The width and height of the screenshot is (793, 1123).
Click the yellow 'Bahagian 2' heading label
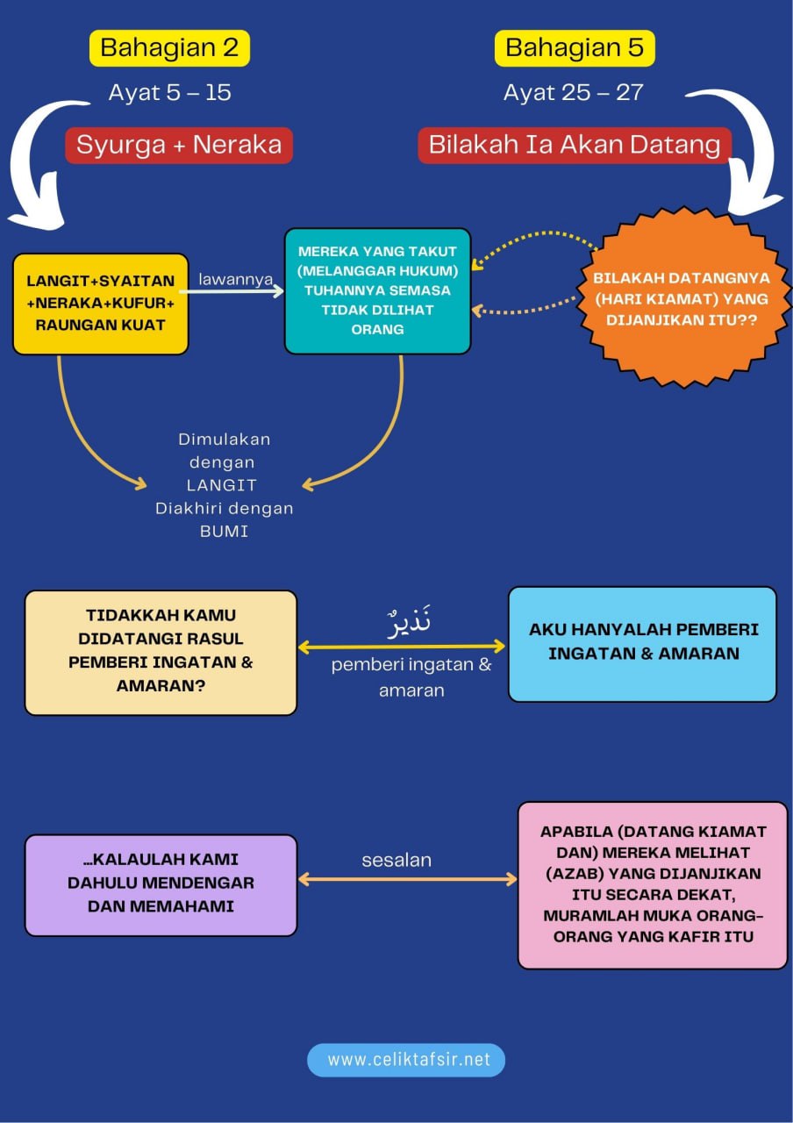coord(169,47)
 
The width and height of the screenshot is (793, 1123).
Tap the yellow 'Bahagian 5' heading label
coord(575,47)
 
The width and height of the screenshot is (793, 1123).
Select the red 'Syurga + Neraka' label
coord(179,145)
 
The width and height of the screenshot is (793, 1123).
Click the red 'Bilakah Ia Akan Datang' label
coord(575,145)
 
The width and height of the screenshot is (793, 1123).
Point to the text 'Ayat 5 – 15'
coord(169,93)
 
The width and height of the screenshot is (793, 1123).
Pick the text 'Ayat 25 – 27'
coord(574,93)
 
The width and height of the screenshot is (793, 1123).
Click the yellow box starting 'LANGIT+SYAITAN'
coord(101,304)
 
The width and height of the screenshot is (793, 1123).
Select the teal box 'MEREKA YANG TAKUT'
coord(378,290)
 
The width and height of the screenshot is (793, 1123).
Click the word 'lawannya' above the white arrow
coord(235,279)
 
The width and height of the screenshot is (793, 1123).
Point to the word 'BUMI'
coord(224,531)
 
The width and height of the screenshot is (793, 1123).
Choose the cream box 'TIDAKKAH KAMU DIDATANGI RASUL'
coord(161,651)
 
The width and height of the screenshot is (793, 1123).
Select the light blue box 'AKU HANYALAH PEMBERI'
coord(643,642)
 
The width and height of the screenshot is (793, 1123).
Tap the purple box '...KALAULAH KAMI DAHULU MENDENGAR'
coord(161,883)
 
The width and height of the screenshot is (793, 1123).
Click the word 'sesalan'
coord(396,861)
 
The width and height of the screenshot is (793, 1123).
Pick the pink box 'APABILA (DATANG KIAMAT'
coord(653,883)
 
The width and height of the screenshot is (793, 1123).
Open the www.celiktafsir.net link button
coord(406,1060)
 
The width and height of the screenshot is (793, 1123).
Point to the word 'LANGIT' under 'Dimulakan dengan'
coord(224,485)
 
